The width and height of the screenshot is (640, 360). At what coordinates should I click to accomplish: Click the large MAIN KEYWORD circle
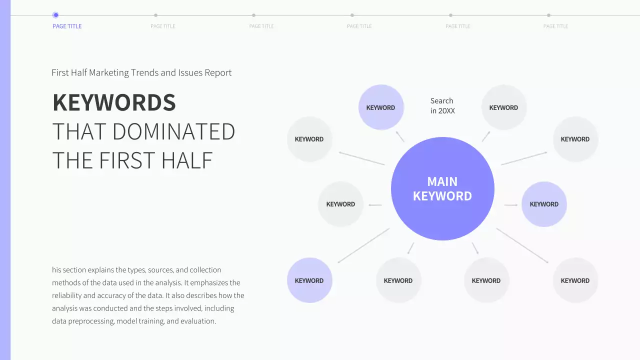[x=442, y=188]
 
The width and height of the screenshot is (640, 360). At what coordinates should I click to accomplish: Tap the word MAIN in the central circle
[x=442, y=181]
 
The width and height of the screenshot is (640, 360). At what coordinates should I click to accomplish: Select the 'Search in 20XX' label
[x=442, y=105]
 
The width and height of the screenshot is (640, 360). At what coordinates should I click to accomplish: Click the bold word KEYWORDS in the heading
[x=114, y=102]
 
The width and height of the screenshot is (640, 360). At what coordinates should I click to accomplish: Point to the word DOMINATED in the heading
[x=173, y=131]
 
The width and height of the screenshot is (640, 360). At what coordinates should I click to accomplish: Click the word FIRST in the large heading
[x=127, y=160]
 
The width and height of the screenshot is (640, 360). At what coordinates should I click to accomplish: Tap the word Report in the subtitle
[x=218, y=72]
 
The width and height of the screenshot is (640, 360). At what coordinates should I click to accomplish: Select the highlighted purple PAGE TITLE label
[x=67, y=26]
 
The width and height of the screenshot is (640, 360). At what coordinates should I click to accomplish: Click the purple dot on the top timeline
[x=55, y=15]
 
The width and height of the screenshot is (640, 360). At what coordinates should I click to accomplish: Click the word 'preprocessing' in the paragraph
[x=91, y=321]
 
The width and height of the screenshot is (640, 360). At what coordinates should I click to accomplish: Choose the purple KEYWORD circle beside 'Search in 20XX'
[x=381, y=107]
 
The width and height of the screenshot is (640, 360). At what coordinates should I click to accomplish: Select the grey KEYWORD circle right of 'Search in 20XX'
[x=503, y=107]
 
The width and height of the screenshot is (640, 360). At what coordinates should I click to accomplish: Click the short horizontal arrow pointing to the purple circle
[x=511, y=205]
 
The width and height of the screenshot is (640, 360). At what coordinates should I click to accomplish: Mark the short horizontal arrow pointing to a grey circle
[x=375, y=205]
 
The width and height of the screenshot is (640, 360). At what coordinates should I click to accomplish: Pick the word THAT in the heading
[x=79, y=131]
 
